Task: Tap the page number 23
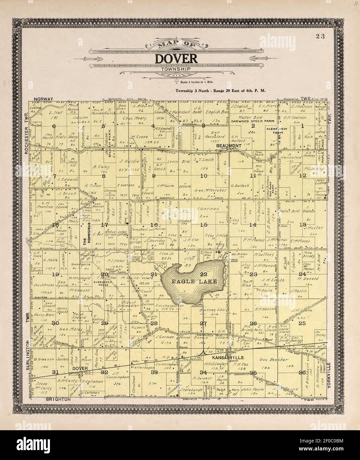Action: (x=320, y=36)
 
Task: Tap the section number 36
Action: (x=302, y=372)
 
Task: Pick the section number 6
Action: (x=54, y=126)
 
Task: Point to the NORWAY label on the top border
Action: (x=43, y=99)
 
